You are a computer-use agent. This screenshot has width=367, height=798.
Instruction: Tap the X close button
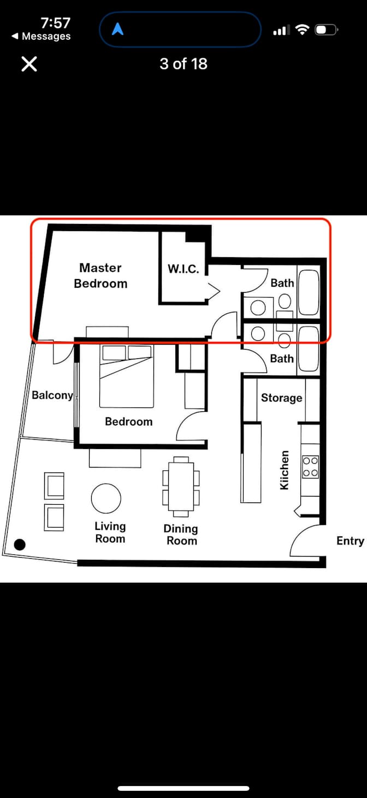click(x=29, y=64)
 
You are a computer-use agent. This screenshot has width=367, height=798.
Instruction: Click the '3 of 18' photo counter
click(x=183, y=64)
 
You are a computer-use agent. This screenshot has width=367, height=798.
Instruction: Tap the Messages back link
click(x=42, y=37)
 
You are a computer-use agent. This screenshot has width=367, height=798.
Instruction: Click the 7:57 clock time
click(x=55, y=23)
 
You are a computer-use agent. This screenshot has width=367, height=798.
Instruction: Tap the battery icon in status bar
click(x=327, y=29)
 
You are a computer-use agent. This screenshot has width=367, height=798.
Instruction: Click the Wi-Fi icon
click(x=302, y=29)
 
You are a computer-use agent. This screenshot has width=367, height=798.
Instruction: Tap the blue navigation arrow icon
click(x=117, y=29)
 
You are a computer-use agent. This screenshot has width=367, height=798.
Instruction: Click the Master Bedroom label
click(x=100, y=275)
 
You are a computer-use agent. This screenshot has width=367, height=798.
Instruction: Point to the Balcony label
click(x=52, y=395)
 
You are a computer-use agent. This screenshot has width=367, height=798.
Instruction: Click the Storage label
click(x=281, y=398)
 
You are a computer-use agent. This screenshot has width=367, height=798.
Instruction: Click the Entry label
click(x=350, y=540)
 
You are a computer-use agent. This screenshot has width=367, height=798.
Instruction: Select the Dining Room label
click(x=181, y=535)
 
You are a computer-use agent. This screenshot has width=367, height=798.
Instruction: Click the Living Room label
click(x=110, y=532)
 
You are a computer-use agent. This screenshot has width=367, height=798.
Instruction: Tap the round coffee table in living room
click(x=106, y=499)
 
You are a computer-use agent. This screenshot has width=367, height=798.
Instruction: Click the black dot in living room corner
click(x=20, y=544)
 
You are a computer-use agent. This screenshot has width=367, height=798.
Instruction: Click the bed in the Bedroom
click(x=126, y=377)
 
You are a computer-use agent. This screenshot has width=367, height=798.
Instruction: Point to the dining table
click(x=181, y=486)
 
